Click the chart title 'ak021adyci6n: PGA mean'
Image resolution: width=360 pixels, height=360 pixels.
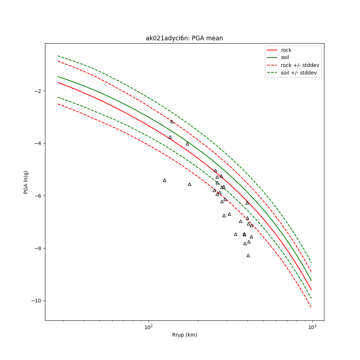pos(184,38)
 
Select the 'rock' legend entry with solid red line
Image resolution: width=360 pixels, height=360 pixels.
pos(286,50)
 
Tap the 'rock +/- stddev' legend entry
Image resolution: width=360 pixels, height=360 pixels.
pos(300,65)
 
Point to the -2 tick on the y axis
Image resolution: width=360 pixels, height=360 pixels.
pos(37,91)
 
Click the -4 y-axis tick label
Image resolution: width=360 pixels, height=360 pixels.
pos(37,143)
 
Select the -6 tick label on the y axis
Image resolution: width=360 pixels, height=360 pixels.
pos(37,196)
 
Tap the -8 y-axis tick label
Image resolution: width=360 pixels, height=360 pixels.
pos(37,248)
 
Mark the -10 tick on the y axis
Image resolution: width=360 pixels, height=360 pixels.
pos(36,301)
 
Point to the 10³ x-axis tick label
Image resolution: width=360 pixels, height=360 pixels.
pos(312,327)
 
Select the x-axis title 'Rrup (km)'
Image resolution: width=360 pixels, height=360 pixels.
pos(184,335)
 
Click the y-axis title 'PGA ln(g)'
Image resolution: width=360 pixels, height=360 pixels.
pos(26,182)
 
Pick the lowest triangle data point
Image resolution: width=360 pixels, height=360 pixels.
pos(248,255)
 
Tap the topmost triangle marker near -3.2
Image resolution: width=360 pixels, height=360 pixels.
pos(172,122)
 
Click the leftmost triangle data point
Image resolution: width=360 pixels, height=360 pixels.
pos(165,180)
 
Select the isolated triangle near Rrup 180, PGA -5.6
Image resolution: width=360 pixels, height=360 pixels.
pos(189,184)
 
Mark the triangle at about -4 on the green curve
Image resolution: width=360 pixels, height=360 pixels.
pos(187,144)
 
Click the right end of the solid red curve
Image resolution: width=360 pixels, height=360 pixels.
pos(311,290)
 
